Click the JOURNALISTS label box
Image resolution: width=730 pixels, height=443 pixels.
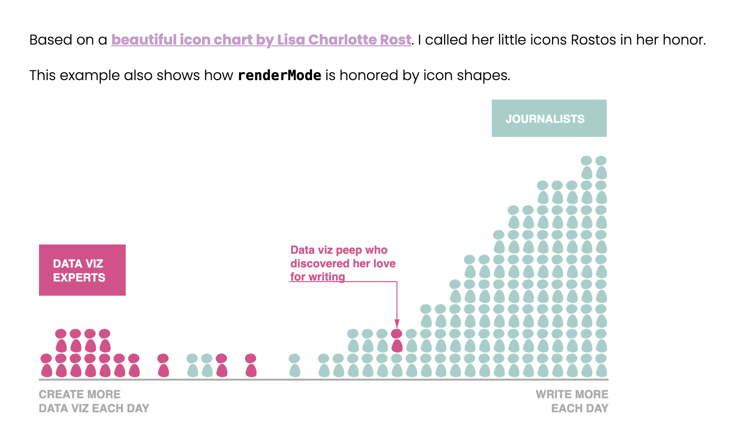pyautogui.click(x=549, y=118)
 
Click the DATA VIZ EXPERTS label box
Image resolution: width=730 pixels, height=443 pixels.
pyautogui.click(x=82, y=270)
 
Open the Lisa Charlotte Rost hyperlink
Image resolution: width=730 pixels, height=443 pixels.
pyautogui.click(x=261, y=40)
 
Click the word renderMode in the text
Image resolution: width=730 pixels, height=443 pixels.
pyautogui.click(x=279, y=75)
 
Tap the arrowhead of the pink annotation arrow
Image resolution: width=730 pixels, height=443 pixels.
pyautogui.click(x=397, y=324)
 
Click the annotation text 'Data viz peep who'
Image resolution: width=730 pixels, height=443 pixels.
pyautogui.click(x=339, y=250)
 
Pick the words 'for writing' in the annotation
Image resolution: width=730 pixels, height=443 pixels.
pyautogui.click(x=317, y=277)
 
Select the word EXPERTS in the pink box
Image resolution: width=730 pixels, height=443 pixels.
pyautogui.click(x=79, y=278)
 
